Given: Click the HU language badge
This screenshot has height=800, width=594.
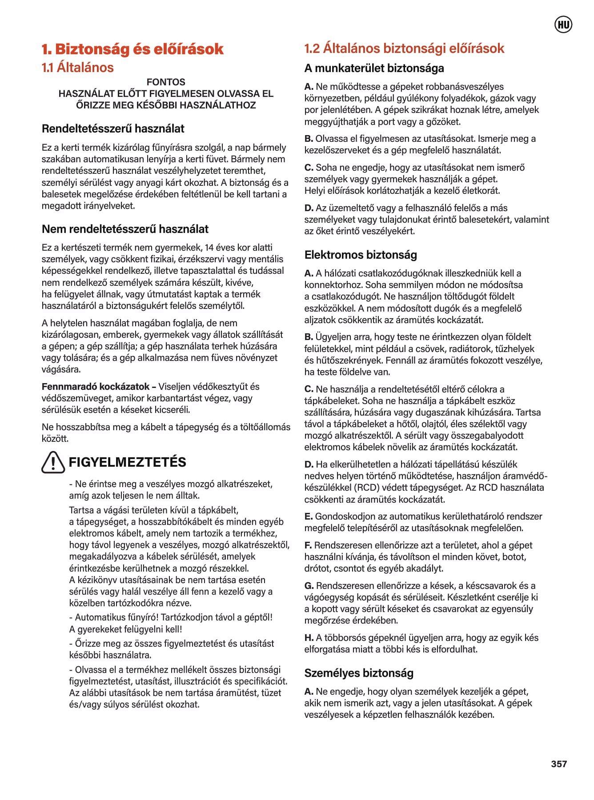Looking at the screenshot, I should coord(563,25).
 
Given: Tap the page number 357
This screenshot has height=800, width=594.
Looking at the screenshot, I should coord(559,764).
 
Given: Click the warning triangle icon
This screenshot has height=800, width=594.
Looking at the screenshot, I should coord(53,462).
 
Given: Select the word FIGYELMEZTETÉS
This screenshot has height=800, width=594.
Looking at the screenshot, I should coord(127,462).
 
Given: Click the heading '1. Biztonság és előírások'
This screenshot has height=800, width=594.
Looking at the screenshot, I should coord(132,49).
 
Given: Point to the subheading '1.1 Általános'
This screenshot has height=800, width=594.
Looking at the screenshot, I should coord(77,68).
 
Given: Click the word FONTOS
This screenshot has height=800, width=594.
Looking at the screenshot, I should coord(166,82).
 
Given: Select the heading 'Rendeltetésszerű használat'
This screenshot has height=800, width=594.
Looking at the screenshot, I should coord(113,129).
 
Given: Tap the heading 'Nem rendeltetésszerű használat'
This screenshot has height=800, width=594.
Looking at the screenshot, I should coord(125,229).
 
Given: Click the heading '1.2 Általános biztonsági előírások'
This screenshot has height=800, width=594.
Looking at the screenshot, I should coord(404,48).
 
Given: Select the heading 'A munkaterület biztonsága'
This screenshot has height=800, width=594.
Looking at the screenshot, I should coord(374,68).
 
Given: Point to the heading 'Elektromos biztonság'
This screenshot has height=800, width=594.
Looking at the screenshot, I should coord(361,255).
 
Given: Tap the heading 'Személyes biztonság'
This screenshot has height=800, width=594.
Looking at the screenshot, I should coord(359,673).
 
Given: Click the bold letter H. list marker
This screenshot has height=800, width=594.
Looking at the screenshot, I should coord(309,638).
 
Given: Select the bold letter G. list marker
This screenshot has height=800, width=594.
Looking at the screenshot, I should coord(309,586).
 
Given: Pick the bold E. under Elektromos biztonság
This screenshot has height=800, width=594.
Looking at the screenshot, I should coord(309,516).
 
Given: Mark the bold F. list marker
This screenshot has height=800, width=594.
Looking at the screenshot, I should coord(308,545).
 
